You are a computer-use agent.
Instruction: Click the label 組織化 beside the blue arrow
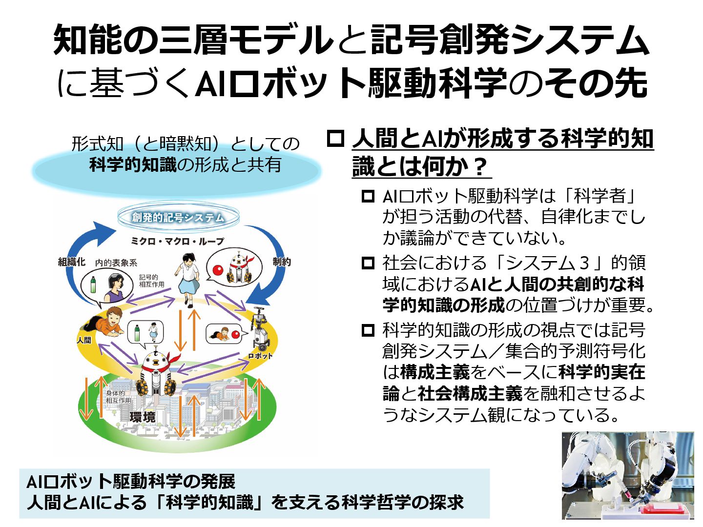click(x=72, y=262)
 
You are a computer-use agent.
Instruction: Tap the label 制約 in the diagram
click(x=282, y=262)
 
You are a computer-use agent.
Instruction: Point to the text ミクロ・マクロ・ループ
click(x=177, y=241)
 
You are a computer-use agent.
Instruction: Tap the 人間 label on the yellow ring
click(x=84, y=340)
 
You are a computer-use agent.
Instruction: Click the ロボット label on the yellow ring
click(x=260, y=356)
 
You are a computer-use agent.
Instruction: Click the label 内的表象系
click(x=116, y=263)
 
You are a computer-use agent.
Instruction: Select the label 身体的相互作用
click(x=119, y=397)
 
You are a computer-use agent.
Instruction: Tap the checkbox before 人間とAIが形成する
click(x=335, y=139)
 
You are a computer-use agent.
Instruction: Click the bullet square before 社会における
click(x=368, y=263)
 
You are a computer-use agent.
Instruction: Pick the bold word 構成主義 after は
click(x=434, y=372)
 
